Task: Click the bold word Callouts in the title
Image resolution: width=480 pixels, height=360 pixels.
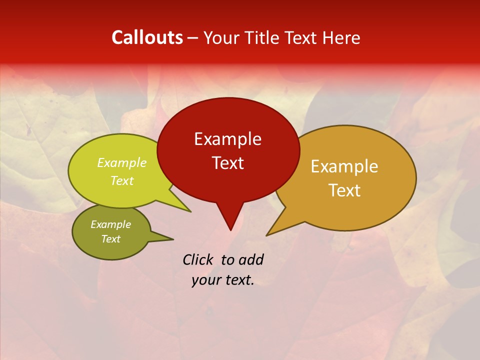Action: (x=147, y=37)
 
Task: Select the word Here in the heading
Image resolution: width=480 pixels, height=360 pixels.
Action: (x=341, y=38)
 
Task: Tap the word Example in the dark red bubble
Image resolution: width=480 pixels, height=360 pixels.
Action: (x=227, y=139)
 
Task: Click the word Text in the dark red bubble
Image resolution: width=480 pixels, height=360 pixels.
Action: (x=227, y=163)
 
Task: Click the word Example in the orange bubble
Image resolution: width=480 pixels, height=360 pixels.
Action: (x=344, y=166)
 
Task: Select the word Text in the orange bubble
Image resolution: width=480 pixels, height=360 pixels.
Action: (x=344, y=190)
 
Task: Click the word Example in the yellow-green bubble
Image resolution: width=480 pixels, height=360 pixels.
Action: (x=122, y=163)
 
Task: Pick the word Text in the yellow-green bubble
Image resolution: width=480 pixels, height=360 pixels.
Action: (x=122, y=181)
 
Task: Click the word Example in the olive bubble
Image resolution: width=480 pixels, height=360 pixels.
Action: (x=110, y=224)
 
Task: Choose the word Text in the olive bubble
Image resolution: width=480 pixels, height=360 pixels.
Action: (x=110, y=239)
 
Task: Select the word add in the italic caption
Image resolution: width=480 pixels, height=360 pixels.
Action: (x=251, y=259)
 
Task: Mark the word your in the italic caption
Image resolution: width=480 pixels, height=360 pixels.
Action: (x=205, y=280)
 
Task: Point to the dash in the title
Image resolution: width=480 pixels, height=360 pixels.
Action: (x=193, y=38)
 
